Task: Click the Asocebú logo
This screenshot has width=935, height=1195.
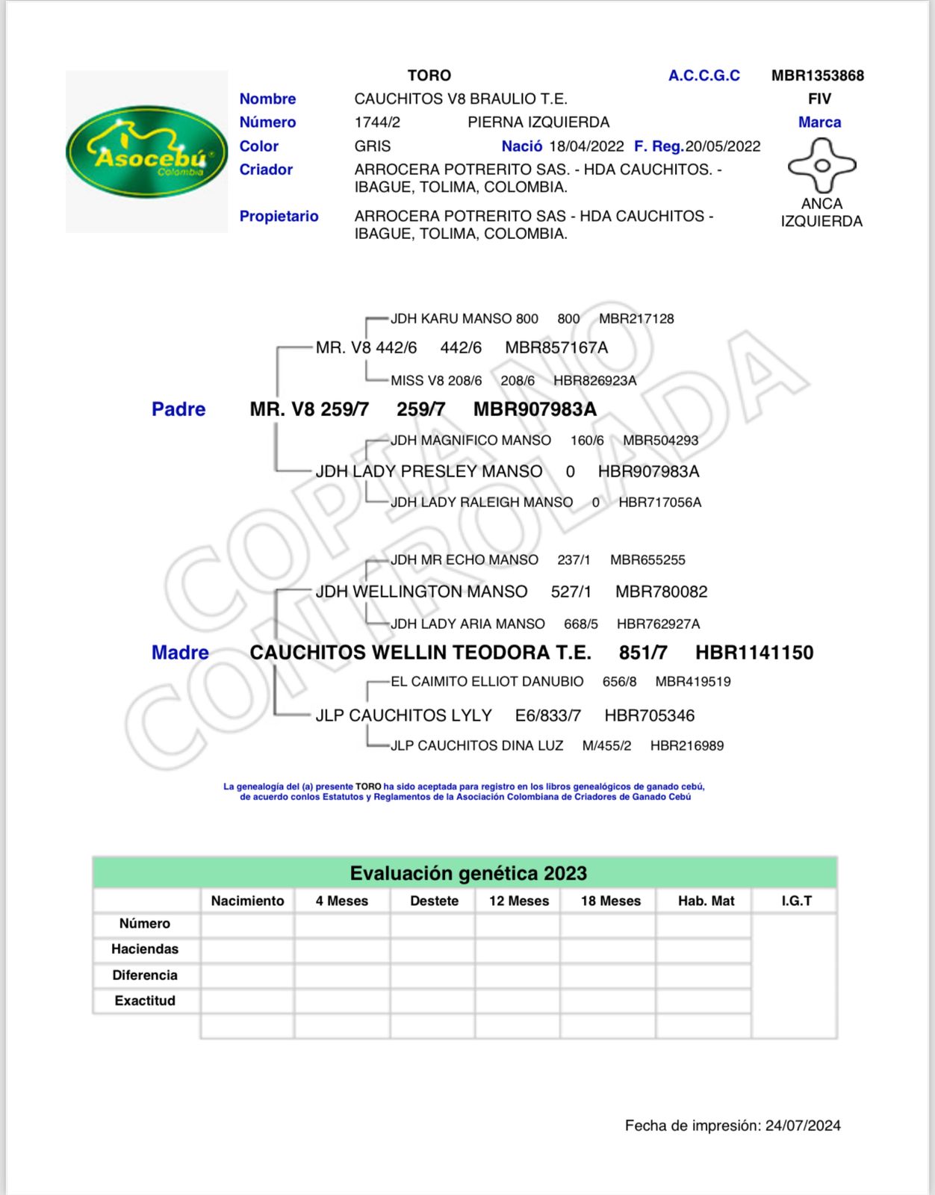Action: click(x=146, y=152)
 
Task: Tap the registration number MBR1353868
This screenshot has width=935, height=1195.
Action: click(x=817, y=75)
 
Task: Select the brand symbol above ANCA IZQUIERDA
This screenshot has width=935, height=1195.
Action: click(x=821, y=165)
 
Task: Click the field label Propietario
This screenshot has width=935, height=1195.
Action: click(x=279, y=216)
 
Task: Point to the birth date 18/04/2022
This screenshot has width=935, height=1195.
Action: click(x=586, y=146)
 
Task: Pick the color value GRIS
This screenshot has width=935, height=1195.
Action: click(x=372, y=146)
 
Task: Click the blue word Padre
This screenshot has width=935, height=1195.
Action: click(x=178, y=409)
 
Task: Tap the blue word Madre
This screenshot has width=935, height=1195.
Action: click(x=180, y=653)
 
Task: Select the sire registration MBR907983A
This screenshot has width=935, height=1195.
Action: click(x=535, y=409)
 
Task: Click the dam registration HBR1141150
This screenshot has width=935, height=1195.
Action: click(x=754, y=653)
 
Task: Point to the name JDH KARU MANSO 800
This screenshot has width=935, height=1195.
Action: click(x=464, y=319)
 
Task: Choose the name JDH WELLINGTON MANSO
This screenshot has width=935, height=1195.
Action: click(x=421, y=592)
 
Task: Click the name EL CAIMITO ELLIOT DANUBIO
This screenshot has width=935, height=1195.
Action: click(x=487, y=681)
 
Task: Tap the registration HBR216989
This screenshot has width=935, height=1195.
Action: click(x=686, y=745)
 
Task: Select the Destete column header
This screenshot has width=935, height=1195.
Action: click(x=434, y=901)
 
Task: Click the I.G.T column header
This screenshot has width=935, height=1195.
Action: click(x=796, y=901)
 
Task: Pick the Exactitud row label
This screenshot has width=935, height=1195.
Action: click(x=145, y=1001)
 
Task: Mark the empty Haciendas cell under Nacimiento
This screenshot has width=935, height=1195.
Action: click(x=247, y=949)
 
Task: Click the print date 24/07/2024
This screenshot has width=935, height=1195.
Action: click(x=803, y=1126)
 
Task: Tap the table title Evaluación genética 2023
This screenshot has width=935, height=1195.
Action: click(x=468, y=873)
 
